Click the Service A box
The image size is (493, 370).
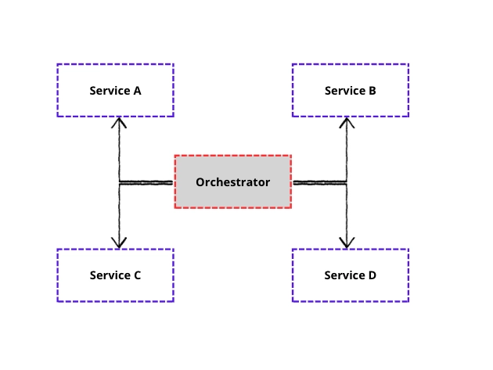tap(115, 91)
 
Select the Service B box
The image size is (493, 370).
tap(350, 91)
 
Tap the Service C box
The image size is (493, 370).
tap(115, 275)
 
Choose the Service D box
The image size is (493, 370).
tap(350, 275)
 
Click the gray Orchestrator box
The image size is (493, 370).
tap(232, 182)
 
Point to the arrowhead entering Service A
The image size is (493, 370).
tap(119, 121)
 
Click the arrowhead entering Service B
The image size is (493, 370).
tap(347, 121)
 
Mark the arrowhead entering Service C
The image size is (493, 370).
tap(119, 244)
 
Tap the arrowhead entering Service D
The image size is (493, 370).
tap(347, 244)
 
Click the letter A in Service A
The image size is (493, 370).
tap(137, 91)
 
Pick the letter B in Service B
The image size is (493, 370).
tap(372, 91)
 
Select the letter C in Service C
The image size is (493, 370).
tap(137, 275)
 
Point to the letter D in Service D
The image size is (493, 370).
tap(372, 275)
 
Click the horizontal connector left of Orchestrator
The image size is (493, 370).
tap(146, 182)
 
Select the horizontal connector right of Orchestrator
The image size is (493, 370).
tap(319, 182)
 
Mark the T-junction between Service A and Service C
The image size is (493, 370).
tap(119, 182)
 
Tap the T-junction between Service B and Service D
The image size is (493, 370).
tap(347, 182)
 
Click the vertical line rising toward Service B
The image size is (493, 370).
tap(347, 153)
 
